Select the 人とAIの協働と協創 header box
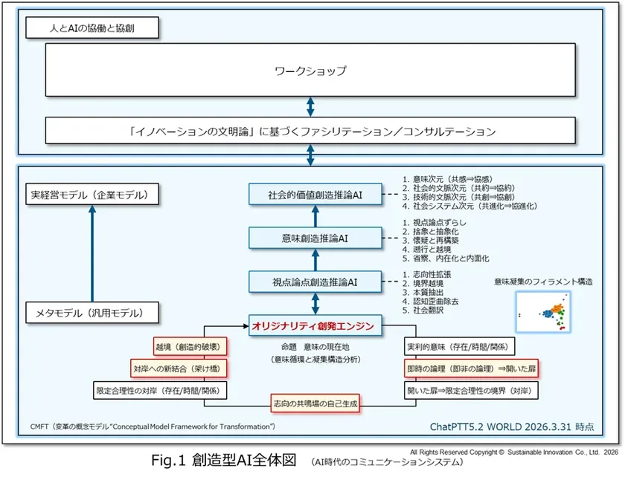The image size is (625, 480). pyautogui.click(x=93, y=30)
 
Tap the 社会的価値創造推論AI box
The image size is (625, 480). pyautogui.click(x=315, y=195)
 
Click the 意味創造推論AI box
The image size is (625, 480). pyautogui.click(x=315, y=239)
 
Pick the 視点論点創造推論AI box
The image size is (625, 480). pyautogui.click(x=315, y=282)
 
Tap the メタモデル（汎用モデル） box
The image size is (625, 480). pyautogui.click(x=93, y=313)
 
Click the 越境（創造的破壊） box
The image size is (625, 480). pyautogui.click(x=190, y=347)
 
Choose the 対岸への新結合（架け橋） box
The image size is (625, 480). pyautogui.click(x=179, y=368)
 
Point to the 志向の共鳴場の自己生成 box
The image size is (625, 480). pyautogui.click(x=315, y=403)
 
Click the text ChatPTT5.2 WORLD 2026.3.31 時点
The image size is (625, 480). pyautogui.click(x=513, y=427)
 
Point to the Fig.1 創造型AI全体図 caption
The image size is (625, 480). pyautogui.click(x=223, y=461)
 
